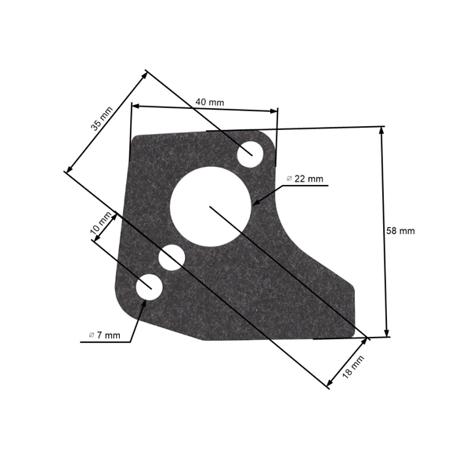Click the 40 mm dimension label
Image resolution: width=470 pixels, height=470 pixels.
coord(209,102)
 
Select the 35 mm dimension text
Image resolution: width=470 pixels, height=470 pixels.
coord(101,115)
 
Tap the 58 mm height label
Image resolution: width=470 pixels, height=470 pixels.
coord(400,231)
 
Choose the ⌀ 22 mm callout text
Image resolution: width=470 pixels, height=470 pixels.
coord(305,179)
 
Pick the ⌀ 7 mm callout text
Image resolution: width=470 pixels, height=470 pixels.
coord(104,335)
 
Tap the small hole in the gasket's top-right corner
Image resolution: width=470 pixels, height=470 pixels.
coord(251,151)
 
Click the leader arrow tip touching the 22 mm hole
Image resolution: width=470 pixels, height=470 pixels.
coord(255,203)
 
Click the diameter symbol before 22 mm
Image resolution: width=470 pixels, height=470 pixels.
coord(289,179)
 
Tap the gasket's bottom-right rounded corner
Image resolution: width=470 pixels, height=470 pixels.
coord(362,335)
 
